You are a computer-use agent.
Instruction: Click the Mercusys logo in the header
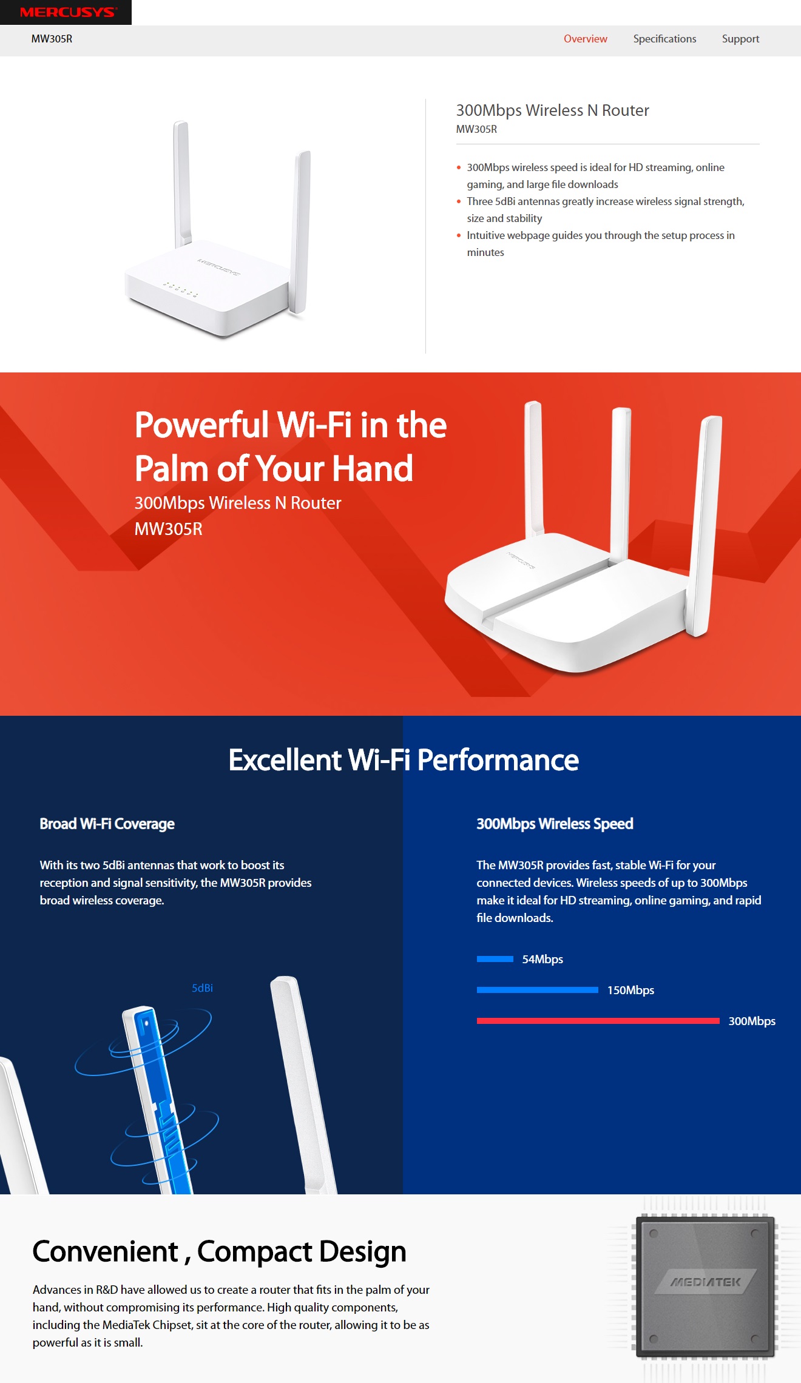68,12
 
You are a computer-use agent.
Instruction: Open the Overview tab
585,39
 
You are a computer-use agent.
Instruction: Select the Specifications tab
664,39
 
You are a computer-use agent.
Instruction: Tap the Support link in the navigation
740,39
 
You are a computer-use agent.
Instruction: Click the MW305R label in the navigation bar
52,39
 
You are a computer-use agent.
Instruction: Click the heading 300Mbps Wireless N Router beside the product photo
552,110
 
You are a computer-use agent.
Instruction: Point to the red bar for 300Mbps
598,1021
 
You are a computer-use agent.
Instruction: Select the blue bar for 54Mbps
495,959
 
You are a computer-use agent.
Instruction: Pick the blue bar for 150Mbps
538,990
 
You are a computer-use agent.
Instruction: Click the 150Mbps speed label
630,990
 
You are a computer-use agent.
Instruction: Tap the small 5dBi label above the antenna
202,988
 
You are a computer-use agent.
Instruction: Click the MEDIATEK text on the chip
705,1282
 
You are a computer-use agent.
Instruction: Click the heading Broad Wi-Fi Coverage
107,824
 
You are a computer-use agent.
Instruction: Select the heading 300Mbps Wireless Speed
555,824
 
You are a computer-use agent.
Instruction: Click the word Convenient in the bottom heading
105,1252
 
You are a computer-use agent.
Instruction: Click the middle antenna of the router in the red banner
620,485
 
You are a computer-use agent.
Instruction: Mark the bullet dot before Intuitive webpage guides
459,235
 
